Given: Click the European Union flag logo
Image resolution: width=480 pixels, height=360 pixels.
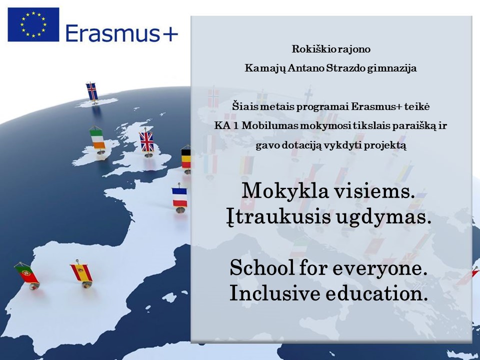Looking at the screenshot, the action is point(33,24).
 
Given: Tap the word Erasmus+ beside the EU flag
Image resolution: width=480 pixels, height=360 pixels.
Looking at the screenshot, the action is point(121,33).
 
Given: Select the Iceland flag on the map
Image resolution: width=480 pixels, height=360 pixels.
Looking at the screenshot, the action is point(92,91).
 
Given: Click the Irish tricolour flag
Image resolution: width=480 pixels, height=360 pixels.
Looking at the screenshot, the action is point(97,139).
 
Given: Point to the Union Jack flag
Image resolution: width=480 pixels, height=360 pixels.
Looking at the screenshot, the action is point(147,141).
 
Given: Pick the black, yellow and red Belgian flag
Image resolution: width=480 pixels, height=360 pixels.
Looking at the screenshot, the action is point(186,158).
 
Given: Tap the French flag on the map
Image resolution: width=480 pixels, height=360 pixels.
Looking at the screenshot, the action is point(179,197).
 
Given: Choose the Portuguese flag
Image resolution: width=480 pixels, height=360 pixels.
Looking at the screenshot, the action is point(27,273).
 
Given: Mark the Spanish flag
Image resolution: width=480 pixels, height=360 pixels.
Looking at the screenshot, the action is point(81,273).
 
